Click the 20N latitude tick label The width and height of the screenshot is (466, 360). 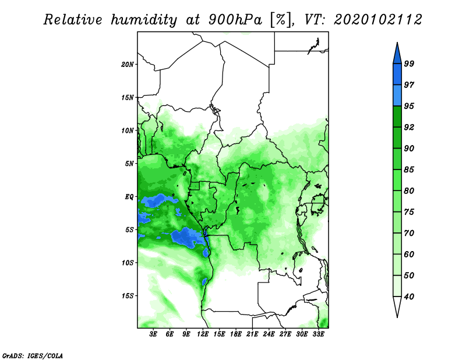[128, 65]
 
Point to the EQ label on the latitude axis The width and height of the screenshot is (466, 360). [129, 197]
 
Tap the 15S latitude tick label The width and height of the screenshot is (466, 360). [128, 296]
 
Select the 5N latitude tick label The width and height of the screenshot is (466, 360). [129, 164]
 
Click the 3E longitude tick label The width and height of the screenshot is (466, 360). [153, 334]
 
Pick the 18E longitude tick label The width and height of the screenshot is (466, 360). [236, 334]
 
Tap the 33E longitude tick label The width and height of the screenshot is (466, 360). [318, 334]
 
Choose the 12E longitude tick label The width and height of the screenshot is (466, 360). [203, 334]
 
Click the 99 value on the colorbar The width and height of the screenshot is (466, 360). [409, 63]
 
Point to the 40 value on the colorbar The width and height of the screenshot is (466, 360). [409, 297]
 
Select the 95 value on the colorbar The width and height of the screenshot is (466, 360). [409, 106]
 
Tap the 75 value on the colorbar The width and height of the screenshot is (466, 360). [409, 212]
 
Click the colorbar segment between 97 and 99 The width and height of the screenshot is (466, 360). [397, 75]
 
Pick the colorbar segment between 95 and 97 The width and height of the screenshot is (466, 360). [397, 96]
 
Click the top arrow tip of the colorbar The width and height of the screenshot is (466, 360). [397, 43]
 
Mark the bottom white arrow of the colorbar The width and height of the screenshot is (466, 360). [397, 306]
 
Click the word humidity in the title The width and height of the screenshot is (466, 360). [144, 20]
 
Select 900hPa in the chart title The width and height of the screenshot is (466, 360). [235, 20]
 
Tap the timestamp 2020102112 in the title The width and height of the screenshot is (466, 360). [377, 20]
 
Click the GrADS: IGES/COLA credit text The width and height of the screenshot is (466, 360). [33, 356]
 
